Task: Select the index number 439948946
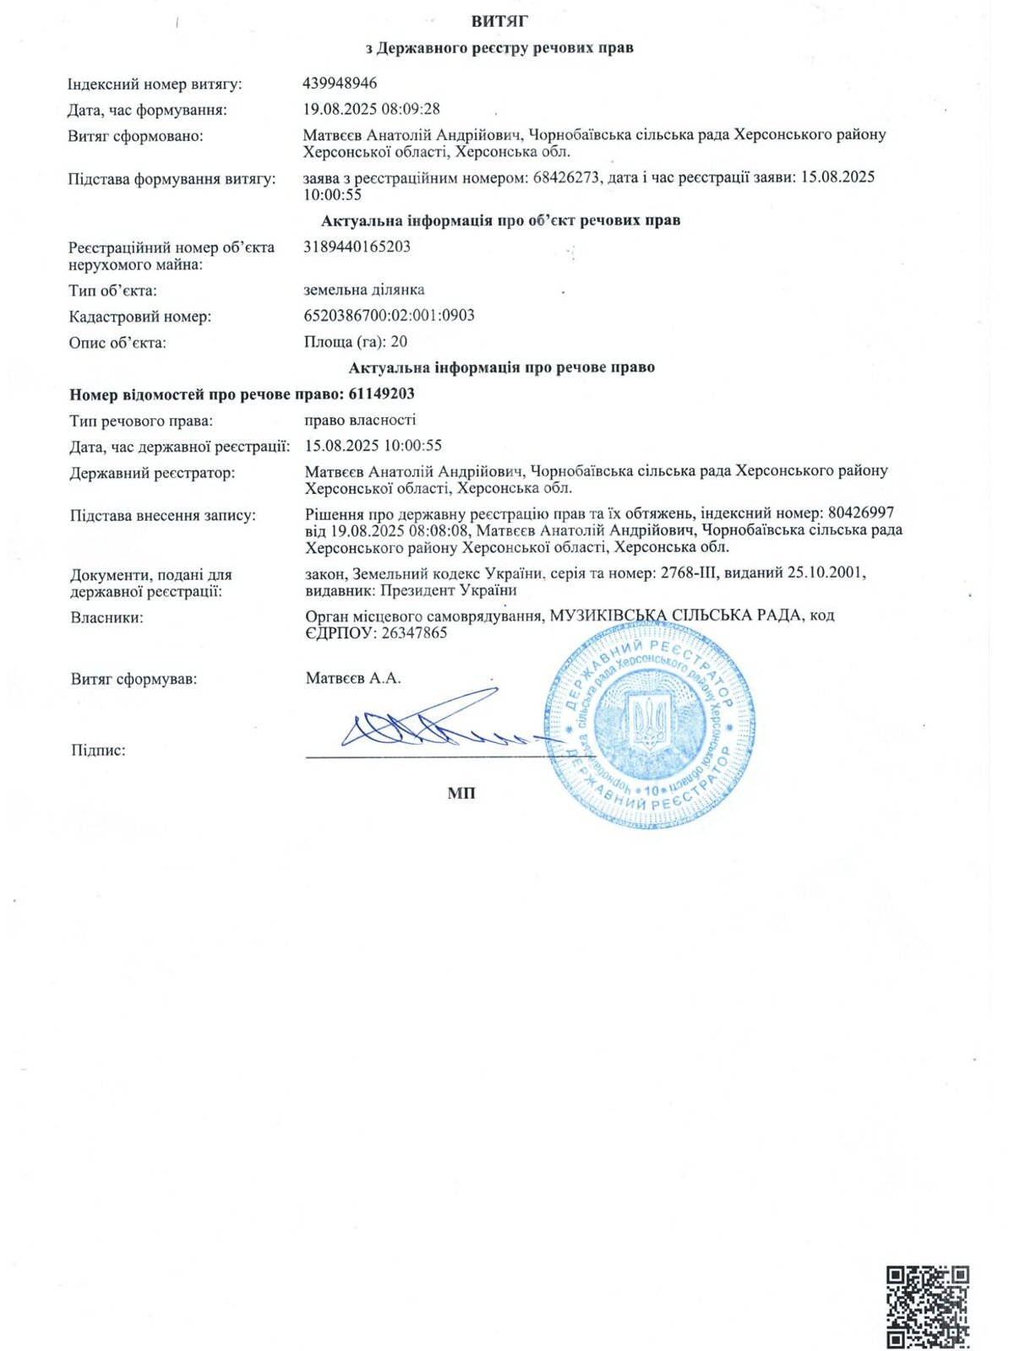[x=340, y=84]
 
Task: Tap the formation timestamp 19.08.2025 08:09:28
[x=372, y=109]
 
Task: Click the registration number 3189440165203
[x=357, y=247]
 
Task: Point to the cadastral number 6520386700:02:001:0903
[x=389, y=315]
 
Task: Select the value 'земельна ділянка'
[x=364, y=290]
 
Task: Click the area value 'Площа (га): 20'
[x=355, y=341]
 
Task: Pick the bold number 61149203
[x=380, y=393]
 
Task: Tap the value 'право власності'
[x=360, y=420]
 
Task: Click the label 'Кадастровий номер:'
[x=139, y=317]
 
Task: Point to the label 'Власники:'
[x=106, y=617]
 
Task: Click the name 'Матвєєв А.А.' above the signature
[x=353, y=678]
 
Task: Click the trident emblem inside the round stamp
[x=649, y=724]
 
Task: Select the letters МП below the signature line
[x=461, y=793]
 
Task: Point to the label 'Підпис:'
[x=98, y=750]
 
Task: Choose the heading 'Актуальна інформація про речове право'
[x=501, y=367]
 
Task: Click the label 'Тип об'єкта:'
[x=112, y=291]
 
